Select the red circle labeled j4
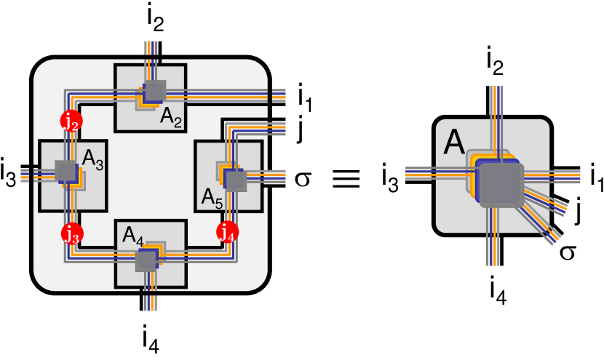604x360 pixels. (228, 232)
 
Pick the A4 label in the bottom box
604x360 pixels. (133, 236)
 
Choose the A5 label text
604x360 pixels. (212, 199)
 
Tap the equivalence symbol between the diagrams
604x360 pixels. (346, 179)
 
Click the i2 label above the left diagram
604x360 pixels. (156, 20)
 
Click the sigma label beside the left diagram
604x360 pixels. (303, 180)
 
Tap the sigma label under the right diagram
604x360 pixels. (567, 252)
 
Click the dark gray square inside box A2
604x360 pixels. (155, 91)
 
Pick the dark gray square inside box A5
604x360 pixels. (235, 180)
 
